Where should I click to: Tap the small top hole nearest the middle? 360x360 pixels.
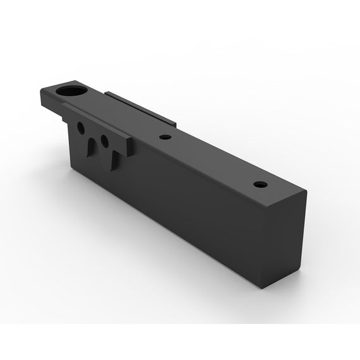[165, 137]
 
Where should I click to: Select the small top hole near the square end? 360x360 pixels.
[260, 185]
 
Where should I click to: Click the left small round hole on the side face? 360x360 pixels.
[81, 128]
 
